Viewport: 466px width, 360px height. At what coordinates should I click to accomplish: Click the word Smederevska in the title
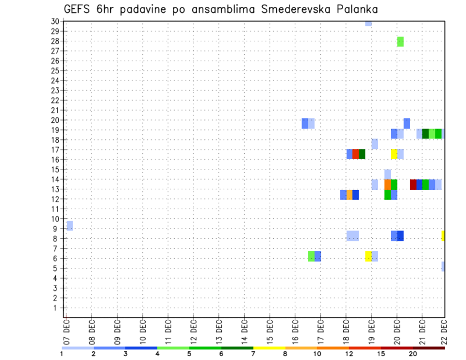pyautogui.click(x=287, y=9)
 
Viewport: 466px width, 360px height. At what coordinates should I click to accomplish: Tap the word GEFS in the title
pyautogui.click(x=77, y=9)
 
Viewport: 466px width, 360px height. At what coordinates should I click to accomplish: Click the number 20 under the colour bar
pyautogui.click(x=413, y=354)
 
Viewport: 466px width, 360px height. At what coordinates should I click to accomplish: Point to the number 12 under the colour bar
pyautogui.click(x=350, y=354)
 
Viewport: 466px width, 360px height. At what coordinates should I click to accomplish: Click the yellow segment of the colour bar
pyautogui.click(x=269, y=348)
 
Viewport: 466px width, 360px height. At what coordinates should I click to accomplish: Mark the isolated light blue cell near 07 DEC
pyautogui.click(x=70, y=226)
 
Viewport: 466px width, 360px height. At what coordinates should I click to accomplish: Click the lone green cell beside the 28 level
pyautogui.click(x=400, y=42)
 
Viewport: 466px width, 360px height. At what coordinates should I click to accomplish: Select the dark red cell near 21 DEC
pyautogui.click(x=413, y=184)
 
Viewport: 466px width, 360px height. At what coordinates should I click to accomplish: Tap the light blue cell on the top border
pyautogui.click(x=368, y=23)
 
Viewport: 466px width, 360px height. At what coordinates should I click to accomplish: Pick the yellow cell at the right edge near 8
pyautogui.click(x=443, y=236)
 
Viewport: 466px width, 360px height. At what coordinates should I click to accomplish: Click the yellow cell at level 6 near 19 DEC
pyautogui.click(x=368, y=256)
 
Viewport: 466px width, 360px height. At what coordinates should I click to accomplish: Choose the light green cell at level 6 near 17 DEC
pyautogui.click(x=311, y=256)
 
